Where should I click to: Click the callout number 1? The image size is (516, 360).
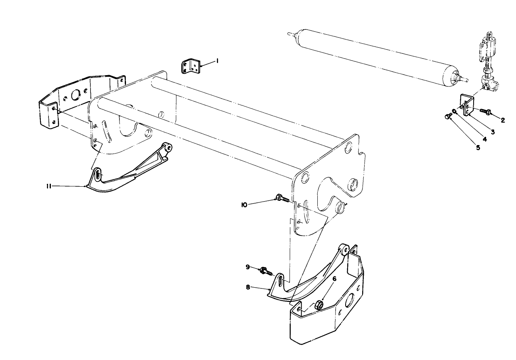[x=217, y=61]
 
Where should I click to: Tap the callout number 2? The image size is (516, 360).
[x=503, y=120]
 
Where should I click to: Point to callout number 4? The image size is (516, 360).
[x=485, y=139]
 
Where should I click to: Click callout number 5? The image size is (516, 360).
[x=478, y=147]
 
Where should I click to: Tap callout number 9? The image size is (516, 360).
[x=248, y=267]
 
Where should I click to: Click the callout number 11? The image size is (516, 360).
[x=48, y=186]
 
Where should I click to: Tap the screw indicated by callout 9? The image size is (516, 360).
[x=267, y=271]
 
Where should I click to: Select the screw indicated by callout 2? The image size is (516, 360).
[x=485, y=110]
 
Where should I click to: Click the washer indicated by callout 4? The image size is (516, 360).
[x=455, y=111]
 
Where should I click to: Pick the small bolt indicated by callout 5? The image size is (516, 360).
[x=447, y=116]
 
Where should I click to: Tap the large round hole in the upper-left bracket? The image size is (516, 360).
[x=75, y=96]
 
